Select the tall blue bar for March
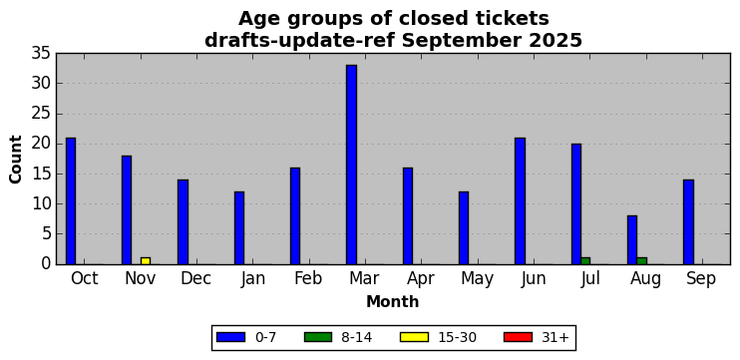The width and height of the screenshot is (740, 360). click(351, 165)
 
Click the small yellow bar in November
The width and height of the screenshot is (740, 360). click(146, 261)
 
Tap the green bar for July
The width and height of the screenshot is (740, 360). click(585, 261)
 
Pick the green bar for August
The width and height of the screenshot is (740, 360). click(642, 261)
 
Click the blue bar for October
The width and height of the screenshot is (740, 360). click(71, 201)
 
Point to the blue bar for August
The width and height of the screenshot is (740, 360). click(632, 240)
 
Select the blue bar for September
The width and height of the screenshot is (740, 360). click(688, 222)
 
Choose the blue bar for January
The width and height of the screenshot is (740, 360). click(239, 228)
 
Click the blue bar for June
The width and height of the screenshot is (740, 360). click(520, 201)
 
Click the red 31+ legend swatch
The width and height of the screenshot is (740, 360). click(518, 337)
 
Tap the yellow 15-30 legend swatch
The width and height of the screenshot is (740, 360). click(414, 337)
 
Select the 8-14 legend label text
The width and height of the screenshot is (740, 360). click(356, 337)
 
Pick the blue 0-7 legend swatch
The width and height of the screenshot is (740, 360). click(230, 337)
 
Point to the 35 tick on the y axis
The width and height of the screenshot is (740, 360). click(41, 53)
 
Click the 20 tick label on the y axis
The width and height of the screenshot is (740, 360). click(41, 144)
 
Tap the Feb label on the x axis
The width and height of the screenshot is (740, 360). click(308, 279)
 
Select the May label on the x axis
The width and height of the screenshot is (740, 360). click(477, 279)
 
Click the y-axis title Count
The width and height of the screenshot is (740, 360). click(16, 159)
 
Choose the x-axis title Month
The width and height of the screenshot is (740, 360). click(393, 301)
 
